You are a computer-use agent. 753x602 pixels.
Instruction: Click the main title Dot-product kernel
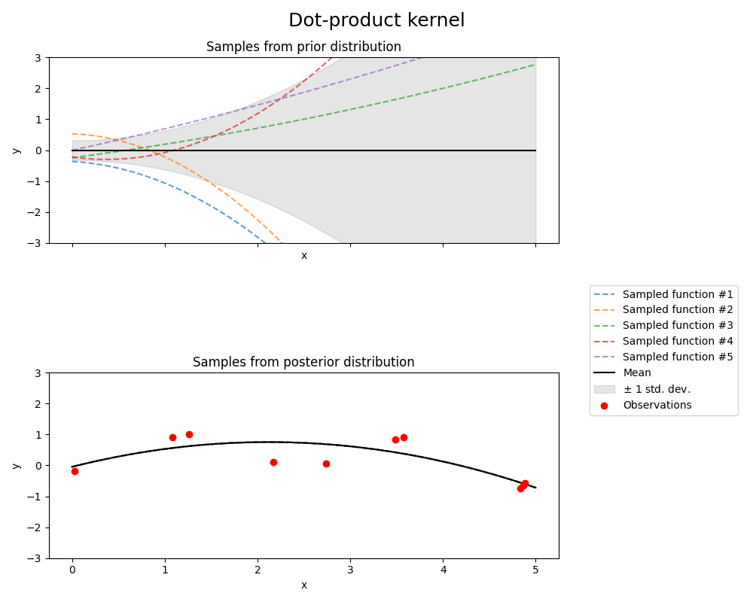(x=376, y=20)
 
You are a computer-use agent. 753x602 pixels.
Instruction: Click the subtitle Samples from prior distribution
(x=303, y=47)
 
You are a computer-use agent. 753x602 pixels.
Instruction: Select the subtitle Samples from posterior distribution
(x=303, y=362)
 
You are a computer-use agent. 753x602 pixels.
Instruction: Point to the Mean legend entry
(x=637, y=373)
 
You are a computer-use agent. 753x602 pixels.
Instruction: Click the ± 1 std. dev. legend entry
(x=656, y=389)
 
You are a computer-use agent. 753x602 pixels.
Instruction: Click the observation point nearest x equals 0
(x=75, y=471)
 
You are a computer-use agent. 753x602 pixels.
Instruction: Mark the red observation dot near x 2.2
(x=273, y=462)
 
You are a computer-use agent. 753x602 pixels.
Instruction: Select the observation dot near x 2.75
(x=326, y=464)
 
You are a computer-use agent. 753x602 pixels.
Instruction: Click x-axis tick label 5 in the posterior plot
(x=535, y=571)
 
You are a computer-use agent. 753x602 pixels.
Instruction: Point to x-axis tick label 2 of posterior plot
(x=258, y=571)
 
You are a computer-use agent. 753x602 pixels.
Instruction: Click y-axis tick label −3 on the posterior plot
(x=36, y=558)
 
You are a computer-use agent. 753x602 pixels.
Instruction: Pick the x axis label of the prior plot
(x=303, y=256)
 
